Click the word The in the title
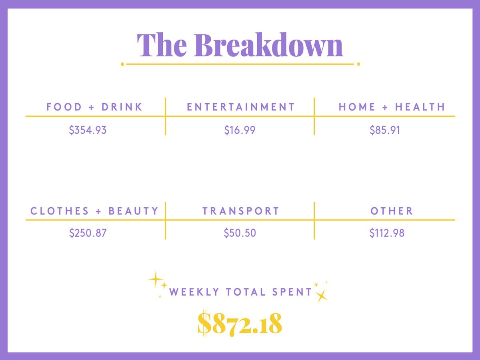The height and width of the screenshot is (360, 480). tap(162, 45)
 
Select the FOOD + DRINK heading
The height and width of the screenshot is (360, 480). tap(94, 107)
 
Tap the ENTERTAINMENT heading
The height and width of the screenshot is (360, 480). tap(240, 107)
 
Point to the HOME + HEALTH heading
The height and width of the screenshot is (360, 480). tap(392, 107)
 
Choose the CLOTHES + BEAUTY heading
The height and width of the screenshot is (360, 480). tap(94, 211)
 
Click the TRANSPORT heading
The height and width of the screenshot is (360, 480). tap(240, 211)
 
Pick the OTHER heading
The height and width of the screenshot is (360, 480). tap(392, 211)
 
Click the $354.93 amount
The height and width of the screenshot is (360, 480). tap(88, 130)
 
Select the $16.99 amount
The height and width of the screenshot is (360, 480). tap(240, 130)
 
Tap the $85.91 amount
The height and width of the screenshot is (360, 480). tap(385, 130)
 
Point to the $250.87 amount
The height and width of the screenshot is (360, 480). tap(88, 233)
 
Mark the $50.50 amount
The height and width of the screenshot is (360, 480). tap(240, 233)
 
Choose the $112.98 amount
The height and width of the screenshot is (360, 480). tap(387, 233)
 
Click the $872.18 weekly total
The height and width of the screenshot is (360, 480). tap(240, 323)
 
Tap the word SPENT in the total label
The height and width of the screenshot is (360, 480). tap(292, 292)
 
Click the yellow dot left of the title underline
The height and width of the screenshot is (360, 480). tap(122, 64)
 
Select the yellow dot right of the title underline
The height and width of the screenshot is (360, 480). tap(358, 64)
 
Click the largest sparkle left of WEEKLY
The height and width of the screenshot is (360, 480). tap(156, 279)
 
